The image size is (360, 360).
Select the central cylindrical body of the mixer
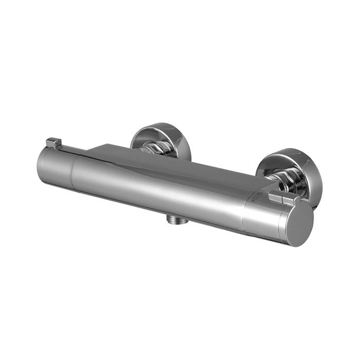coord(159,190)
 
